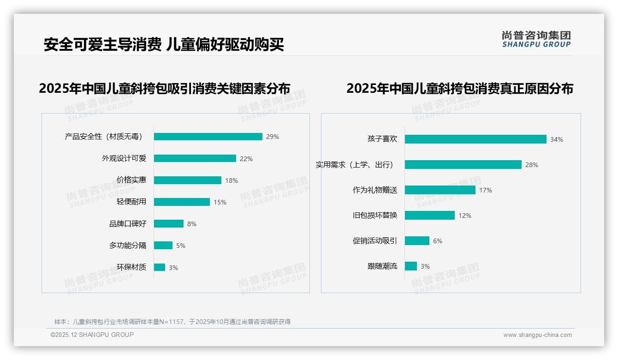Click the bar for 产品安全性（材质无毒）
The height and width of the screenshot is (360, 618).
tap(208, 137)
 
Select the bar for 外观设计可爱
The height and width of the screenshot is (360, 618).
tap(195, 158)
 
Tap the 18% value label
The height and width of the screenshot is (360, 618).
tap(232, 180)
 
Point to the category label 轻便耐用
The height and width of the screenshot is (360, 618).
tap(131, 202)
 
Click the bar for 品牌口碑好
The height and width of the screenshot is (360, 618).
tap(169, 224)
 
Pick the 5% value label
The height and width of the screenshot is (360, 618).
tap(181, 246)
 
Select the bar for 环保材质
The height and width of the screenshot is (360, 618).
tap(160, 267)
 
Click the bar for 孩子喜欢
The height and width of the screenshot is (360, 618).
tap(475, 139)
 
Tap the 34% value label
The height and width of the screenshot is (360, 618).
tap(557, 139)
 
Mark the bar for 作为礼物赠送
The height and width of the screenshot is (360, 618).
tap(440, 190)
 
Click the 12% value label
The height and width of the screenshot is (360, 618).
tap(465, 216)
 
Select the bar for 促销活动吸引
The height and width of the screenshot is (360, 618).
tap(417, 241)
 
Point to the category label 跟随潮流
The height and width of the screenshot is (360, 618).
tap(382, 266)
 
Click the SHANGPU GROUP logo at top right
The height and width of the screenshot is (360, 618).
tap(536, 39)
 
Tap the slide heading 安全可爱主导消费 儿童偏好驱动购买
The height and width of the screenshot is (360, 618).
tap(164, 44)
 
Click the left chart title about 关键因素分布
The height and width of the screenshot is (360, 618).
tap(165, 89)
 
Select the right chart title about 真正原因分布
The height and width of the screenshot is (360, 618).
tap(460, 89)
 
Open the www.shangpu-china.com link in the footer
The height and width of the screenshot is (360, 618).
tap(537, 335)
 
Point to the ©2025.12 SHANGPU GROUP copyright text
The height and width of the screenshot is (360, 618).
tap(92, 335)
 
